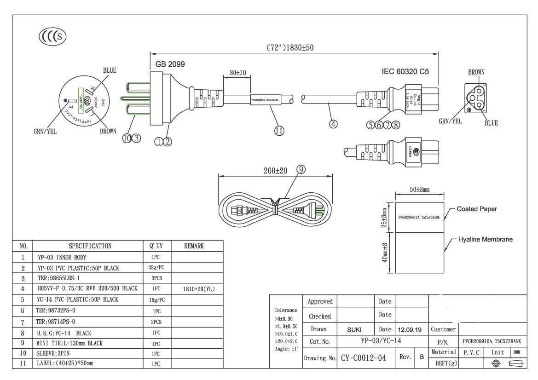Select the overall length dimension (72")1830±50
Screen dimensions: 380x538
290,47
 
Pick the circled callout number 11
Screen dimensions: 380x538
279,131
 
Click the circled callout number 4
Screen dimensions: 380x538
333,124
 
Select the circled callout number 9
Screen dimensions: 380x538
301,170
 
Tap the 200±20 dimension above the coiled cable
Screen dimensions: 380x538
275,170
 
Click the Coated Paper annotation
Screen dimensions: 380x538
476,209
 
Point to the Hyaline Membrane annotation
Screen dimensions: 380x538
485,240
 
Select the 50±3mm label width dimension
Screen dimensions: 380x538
419,190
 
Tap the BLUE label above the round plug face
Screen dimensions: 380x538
110,70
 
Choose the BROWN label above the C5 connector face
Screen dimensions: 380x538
476,72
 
